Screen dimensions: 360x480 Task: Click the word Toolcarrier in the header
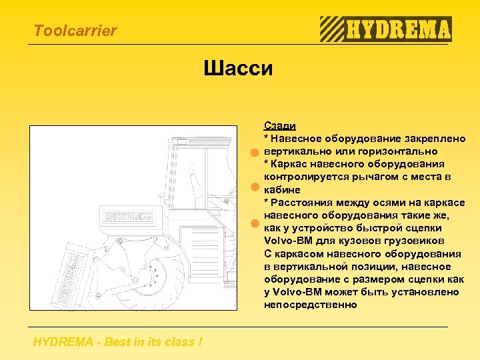[75, 31]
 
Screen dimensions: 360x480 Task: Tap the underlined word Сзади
[280, 126]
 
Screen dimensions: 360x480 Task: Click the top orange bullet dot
[254, 153]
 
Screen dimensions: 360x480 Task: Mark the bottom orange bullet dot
[254, 223]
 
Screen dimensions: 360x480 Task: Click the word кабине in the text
[281, 190]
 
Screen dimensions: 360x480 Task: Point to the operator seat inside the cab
[193, 180]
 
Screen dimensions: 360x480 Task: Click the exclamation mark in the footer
[200, 343]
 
